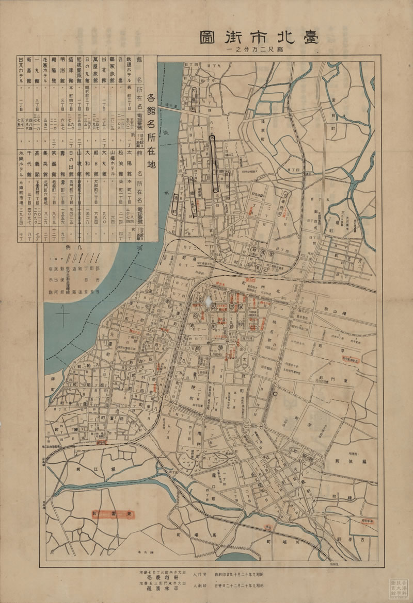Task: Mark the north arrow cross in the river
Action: (63, 312)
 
